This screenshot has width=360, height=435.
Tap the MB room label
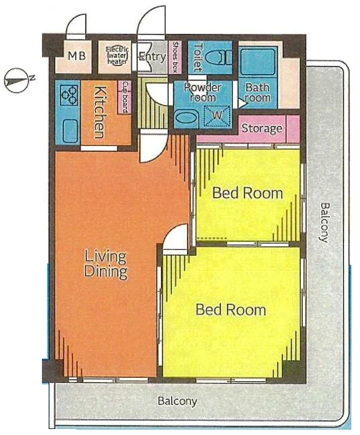click(77, 56)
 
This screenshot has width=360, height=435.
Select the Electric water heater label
click(117, 55)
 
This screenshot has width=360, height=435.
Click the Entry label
click(152, 57)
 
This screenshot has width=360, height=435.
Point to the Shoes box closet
click(175, 57)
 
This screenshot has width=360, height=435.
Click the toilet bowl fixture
click(221, 58)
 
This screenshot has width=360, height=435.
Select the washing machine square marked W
click(217, 115)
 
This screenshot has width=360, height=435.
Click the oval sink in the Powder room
click(186, 119)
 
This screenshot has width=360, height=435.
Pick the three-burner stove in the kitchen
click(69, 95)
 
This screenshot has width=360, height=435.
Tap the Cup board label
click(125, 97)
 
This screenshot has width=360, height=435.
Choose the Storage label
click(262, 128)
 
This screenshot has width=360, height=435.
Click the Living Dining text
click(106, 264)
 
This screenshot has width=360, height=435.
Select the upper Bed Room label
click(248, 193)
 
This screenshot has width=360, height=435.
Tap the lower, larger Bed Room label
click(231, 310)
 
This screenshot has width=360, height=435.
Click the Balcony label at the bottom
click(178, 401)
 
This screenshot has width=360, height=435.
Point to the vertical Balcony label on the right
click(325, 222)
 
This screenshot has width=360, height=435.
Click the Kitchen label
click(100, 112)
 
